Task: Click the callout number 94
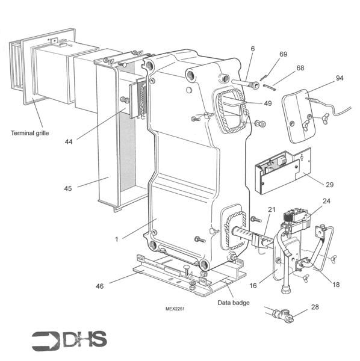340,78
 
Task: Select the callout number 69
284,54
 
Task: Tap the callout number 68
300,68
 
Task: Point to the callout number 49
268,103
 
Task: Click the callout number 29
329,185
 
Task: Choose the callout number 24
326,201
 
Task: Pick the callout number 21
272,209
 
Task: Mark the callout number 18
336,285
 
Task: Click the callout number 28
315,307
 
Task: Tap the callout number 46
100,286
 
